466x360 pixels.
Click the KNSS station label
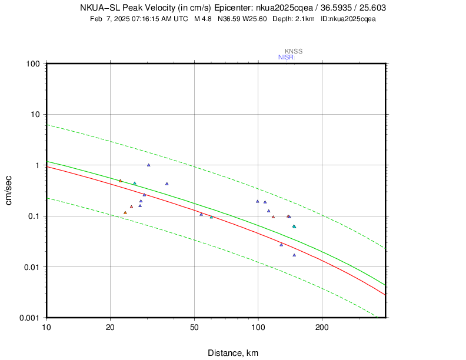click(294, 51)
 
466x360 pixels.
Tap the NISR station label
click(286, 57)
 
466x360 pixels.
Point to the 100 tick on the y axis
click(33, 64)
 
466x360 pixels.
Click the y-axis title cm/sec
click(10, 191)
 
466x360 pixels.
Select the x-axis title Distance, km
click(232, 353)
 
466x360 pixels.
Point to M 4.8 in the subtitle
click(202, 19)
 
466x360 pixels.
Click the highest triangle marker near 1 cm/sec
click(149, 165)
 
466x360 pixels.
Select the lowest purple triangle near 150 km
click(294, 255)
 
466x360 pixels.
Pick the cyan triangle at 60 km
click(212, 217)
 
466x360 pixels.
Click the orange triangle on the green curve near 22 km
click(120, 181)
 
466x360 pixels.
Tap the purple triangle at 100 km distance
click(257, 201)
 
